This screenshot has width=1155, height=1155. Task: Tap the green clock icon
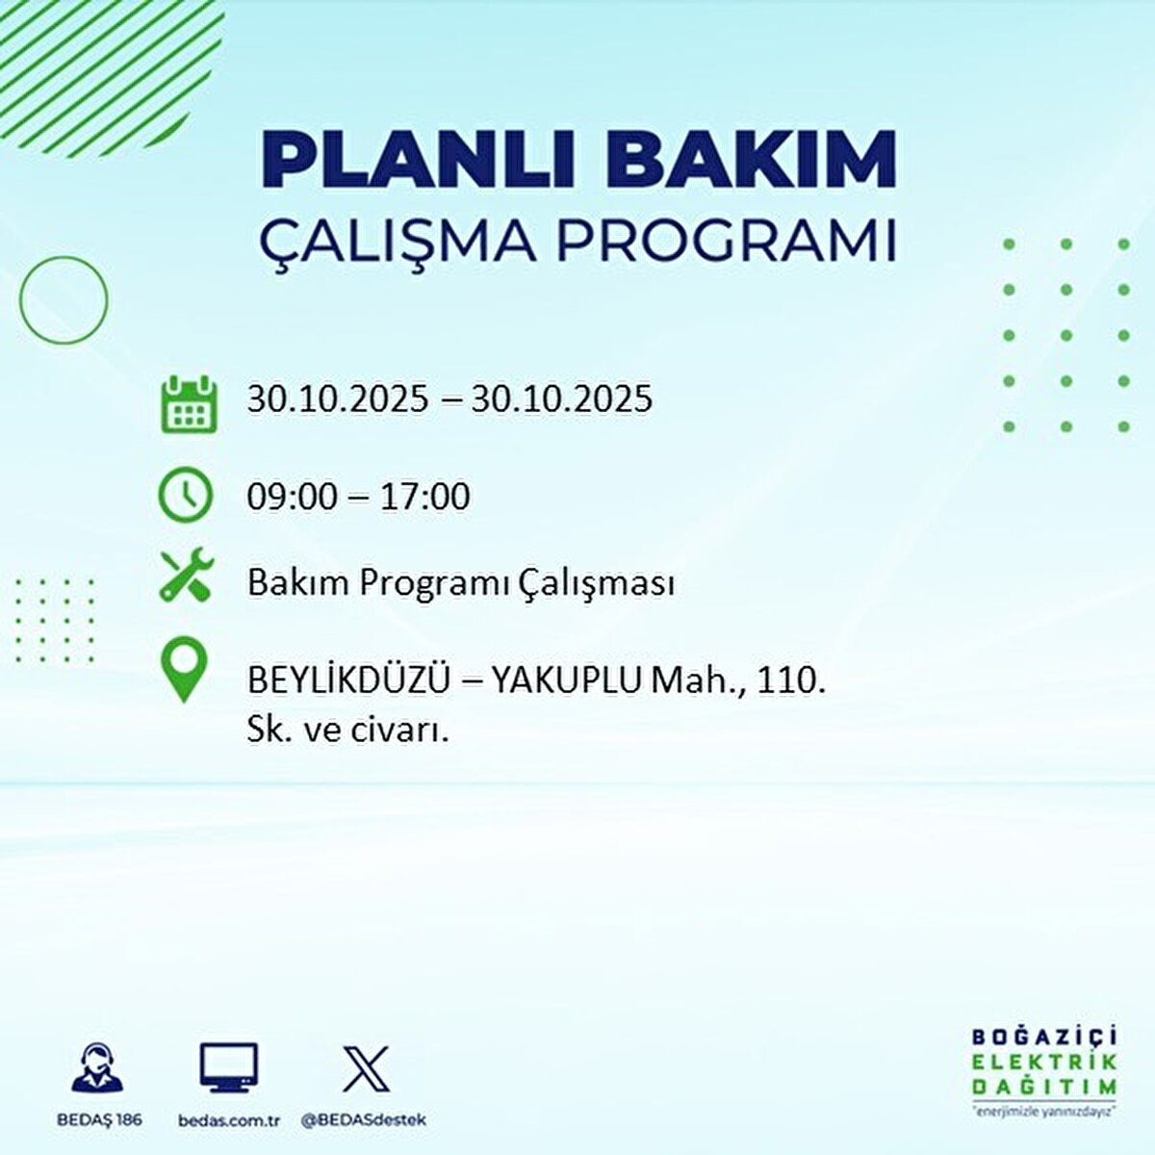click(185, 495)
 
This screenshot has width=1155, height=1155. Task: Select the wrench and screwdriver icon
click(187, 575)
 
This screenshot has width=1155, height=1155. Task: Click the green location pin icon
click(183, 671)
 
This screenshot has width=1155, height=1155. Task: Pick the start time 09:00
click(292, 497)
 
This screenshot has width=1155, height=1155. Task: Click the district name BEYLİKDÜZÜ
click(348, 681)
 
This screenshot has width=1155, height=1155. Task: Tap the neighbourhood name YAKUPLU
click(567, 681)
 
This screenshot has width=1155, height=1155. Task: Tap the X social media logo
click(366, 1069)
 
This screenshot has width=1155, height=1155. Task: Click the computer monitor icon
click(229, 1067)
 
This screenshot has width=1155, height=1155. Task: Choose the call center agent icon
click(97, 1067)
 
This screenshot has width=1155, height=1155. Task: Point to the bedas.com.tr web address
click(229, 1120)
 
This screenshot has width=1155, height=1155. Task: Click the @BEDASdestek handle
click(364, 1120)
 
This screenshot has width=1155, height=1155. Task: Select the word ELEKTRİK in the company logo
click(1043, 1062)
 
